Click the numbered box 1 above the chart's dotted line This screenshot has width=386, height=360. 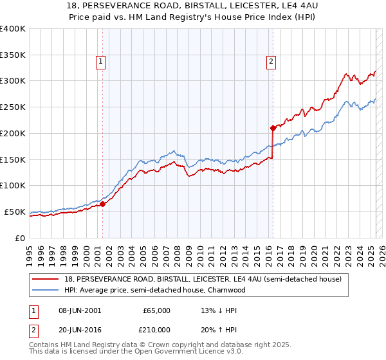[102, 62]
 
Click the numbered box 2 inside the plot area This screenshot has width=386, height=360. [271, 62]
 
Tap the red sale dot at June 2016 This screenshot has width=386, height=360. [273, 128]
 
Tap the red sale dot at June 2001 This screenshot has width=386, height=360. [102, 204]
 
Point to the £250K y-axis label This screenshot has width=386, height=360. [13, 107]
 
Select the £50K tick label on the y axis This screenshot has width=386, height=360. [15, 212]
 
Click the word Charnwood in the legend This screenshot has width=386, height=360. [229, 290]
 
